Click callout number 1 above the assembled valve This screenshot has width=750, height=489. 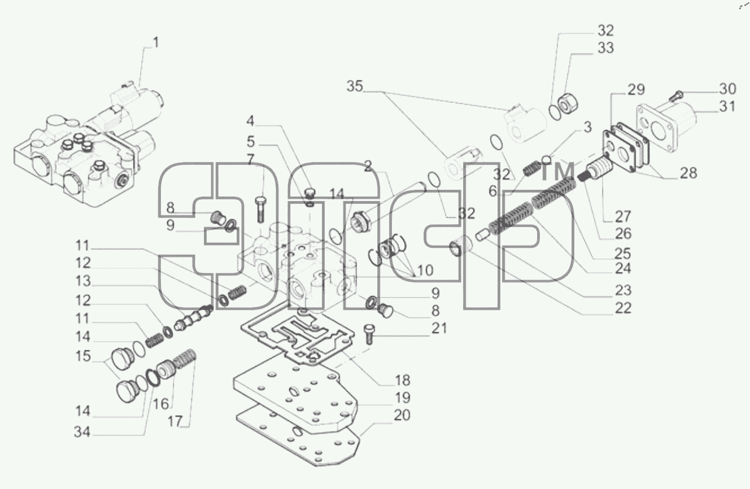(156, 43)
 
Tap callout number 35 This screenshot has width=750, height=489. (355, 86)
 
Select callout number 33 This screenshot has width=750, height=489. (605, 48)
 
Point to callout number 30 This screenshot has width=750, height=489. (727, 89)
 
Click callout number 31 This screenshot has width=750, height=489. (727, 106)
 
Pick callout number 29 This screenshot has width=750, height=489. (636, 90)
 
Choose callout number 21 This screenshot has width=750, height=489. (439, 329)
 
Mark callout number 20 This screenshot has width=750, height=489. (402, 416)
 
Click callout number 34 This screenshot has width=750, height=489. (82, 432)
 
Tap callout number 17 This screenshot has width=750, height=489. (175, 421)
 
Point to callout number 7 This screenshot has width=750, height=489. (251, 160)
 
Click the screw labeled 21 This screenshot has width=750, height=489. (369, 334)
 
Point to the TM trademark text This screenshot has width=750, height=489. (557, 171)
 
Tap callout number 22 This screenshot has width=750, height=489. (623, 308)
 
